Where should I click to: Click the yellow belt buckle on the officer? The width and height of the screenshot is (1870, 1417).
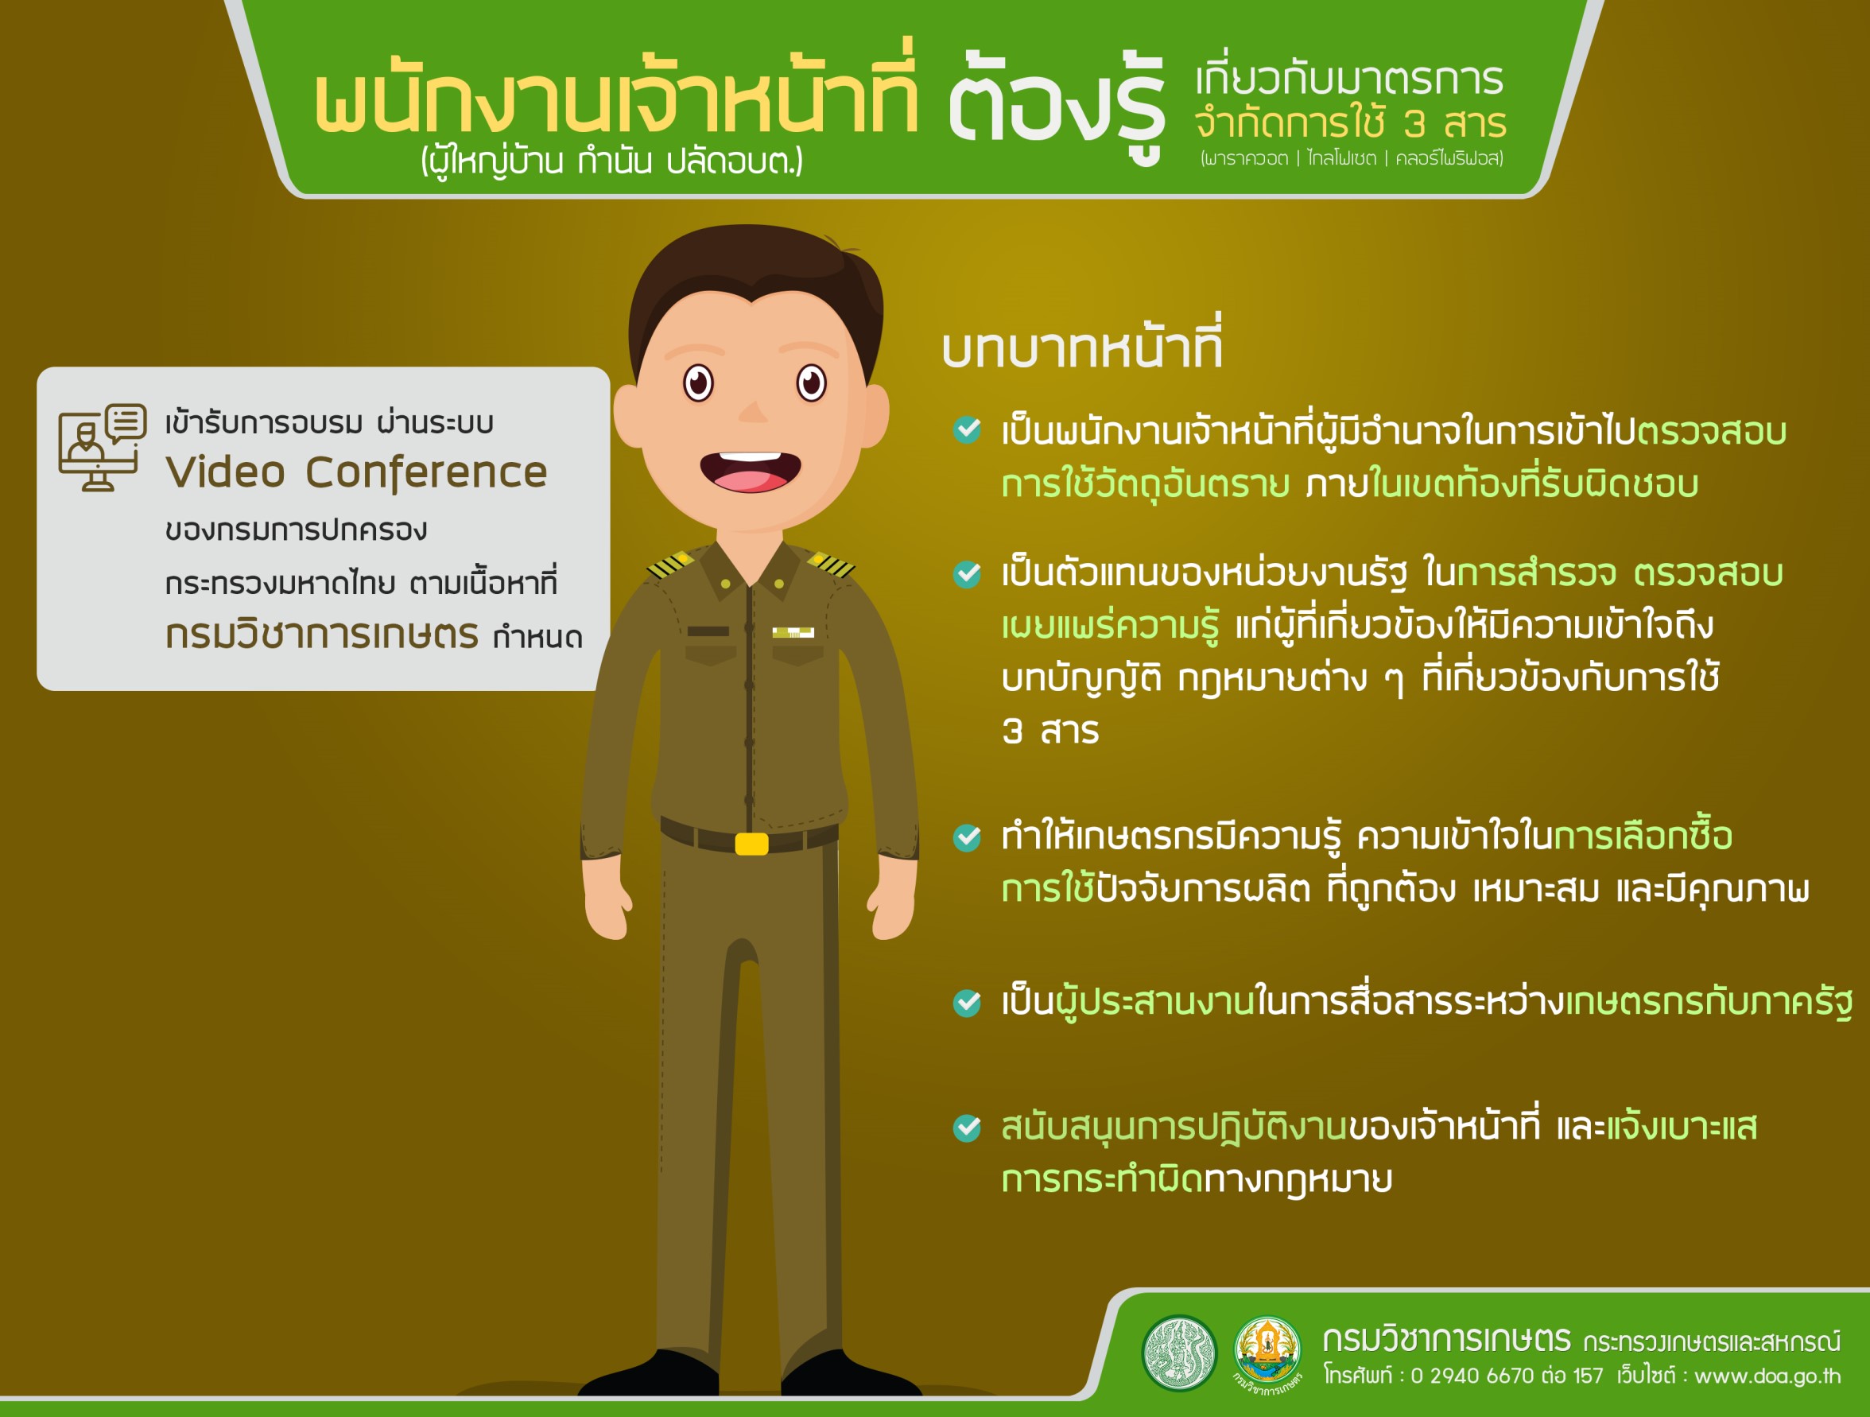pos(751,844)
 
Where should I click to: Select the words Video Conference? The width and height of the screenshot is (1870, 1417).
pos(356,472)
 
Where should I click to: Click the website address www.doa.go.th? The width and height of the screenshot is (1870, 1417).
pos(1767,1376)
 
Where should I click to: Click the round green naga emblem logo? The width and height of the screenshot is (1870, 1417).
pos(1179,1353)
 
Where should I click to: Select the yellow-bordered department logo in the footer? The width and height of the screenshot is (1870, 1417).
pos(1267,1350)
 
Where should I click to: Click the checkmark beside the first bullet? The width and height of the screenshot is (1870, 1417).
pos(967,429)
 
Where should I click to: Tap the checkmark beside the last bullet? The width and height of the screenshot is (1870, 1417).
pos(967,1127)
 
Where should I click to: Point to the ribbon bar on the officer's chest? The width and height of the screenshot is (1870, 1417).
pos(793,632)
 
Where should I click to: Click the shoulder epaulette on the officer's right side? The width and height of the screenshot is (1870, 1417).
pos(830,565)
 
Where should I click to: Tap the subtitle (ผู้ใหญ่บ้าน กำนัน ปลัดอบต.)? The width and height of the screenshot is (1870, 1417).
pos(611,159)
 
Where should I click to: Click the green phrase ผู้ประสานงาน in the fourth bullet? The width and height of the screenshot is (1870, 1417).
pos(1154,1002)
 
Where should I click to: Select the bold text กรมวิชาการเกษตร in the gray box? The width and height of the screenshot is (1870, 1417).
pos(322,634)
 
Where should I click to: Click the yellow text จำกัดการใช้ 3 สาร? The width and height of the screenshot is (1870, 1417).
pos(1350,123)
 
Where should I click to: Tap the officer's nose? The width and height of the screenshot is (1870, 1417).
pos(751,411)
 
